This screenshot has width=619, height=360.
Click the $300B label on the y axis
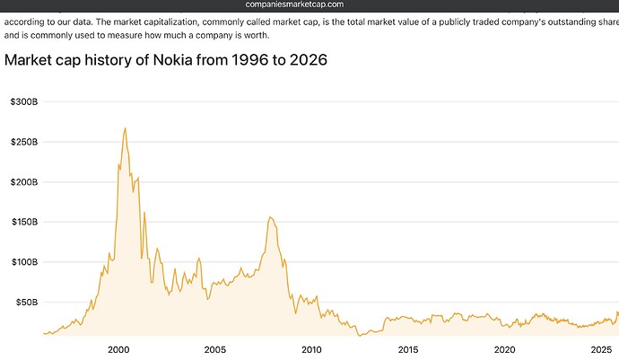(x=23, y=102)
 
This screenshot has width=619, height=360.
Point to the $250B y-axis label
(x=23, y=142)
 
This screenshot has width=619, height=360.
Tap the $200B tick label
(x=23, y=182)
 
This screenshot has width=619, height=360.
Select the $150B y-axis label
(x=23, y=222)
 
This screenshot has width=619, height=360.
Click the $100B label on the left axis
(x=23, y=262)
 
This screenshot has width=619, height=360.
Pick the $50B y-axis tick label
(x=26, y=303)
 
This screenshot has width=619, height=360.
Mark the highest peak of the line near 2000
(x=125, y=127)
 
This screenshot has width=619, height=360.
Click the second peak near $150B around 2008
(x=269, y=216)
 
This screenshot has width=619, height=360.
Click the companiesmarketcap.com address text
(x=309, y=5)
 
